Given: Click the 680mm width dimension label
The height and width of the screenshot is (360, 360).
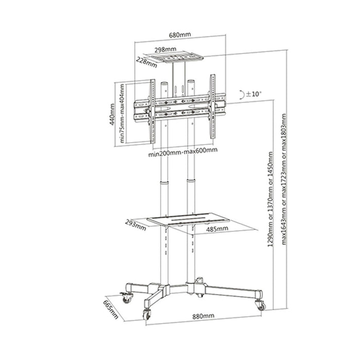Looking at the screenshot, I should (181, 34).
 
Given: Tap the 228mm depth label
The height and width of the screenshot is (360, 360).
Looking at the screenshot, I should (147, 62).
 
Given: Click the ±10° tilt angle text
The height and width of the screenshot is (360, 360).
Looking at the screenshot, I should (253, 94).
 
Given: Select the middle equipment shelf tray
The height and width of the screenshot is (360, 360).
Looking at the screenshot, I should (187, 221).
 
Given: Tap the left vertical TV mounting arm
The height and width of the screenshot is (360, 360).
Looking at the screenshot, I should (153, 109).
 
